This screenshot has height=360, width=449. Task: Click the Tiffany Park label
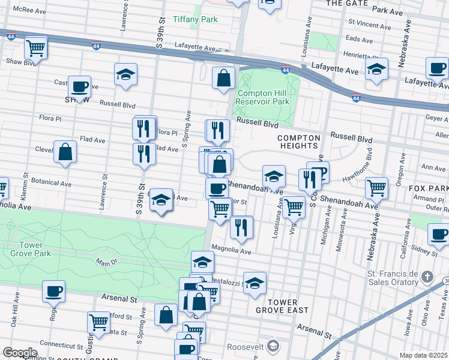point(195,19)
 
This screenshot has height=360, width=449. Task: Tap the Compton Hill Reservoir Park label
point(264,97)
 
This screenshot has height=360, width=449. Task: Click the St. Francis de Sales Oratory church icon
point(427,277)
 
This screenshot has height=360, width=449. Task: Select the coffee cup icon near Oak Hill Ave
point(53,292)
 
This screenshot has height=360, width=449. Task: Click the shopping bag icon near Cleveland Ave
point(65,152)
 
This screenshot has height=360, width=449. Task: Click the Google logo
point(20,352)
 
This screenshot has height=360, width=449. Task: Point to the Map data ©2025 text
point(424,355)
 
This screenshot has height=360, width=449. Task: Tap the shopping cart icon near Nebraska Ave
point(376,188)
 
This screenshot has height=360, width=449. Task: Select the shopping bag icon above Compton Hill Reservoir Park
point(223,78)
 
